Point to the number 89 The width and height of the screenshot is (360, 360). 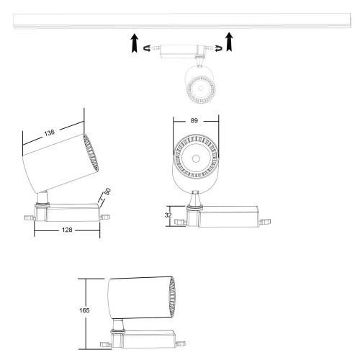[194, 121]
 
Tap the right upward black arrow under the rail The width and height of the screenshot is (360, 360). [229, 42]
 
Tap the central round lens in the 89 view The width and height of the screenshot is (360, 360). [194, 158]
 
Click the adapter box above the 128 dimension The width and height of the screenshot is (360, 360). [68, 212]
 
